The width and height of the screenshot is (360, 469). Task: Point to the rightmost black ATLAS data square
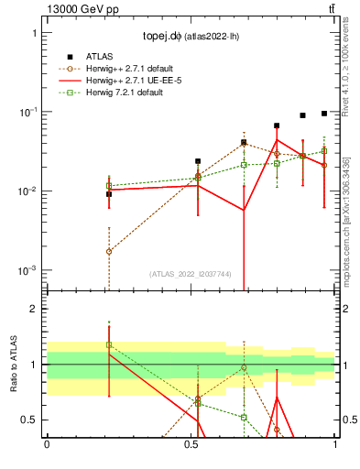[324, 114]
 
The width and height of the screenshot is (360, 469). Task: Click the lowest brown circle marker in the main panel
[109, 251]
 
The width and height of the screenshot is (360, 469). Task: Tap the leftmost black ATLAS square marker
[109, 194]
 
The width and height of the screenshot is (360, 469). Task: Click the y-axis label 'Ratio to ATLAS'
[14, 364]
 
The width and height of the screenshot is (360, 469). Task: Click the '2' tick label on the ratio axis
[35, 309]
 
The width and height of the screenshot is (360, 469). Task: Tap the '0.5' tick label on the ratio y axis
[30, 420]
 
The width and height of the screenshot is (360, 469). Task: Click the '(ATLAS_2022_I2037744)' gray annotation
[191, 274]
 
